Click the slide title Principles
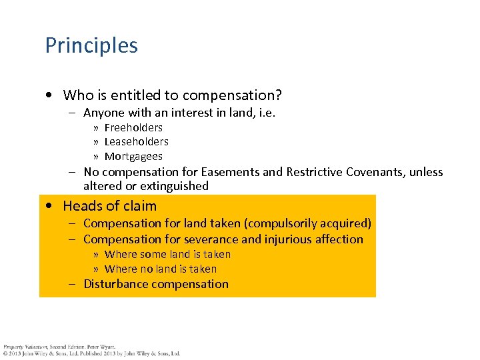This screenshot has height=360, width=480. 91,45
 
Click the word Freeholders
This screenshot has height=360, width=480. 133,127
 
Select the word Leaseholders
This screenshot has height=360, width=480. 136,141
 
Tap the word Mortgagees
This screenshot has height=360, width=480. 133,157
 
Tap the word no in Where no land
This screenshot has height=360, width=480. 145,269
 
